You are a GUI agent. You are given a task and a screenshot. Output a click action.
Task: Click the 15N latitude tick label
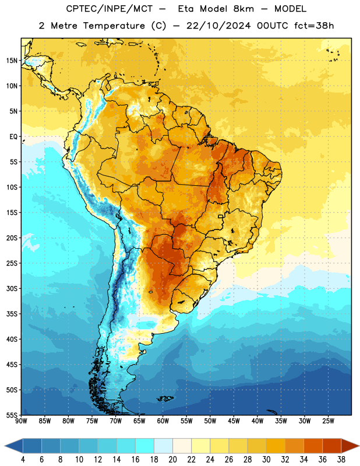tap(12, 61)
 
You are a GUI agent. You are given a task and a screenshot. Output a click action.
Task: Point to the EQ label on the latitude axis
tap(13, 137)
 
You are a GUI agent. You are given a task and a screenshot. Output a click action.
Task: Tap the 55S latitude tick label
tap(12, 415)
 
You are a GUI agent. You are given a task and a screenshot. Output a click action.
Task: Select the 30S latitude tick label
tap(12, 288)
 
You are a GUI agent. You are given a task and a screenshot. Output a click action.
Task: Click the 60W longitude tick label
tap(163, 421)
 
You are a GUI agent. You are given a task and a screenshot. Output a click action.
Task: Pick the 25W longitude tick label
tap(328, 421)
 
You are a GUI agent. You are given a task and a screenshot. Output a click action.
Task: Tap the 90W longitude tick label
tap(21, 421)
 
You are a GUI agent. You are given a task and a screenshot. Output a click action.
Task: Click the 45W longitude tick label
tap(234, 421)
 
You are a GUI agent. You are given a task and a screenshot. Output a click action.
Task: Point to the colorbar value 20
tap(172, 460)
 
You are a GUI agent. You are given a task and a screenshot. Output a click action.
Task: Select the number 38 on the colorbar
tap(341, 460)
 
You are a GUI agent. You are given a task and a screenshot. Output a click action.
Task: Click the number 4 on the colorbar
tap(23, 460)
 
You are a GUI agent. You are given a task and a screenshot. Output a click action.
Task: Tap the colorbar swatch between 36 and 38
tap(332, 446)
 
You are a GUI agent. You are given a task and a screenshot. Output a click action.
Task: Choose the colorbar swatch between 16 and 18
tap(144, 446)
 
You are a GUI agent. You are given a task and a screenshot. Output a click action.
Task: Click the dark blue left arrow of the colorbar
tap(13, 446)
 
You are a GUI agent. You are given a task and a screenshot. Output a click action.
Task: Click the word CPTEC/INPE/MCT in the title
tap(109, 9)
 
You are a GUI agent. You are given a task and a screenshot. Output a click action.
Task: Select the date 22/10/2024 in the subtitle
tap(218, 26)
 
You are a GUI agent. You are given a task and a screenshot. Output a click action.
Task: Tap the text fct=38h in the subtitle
tap(314, 26)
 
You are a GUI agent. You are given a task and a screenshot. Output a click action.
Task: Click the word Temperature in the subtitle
tap(114, 26)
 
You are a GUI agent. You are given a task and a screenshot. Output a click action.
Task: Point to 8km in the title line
tap(243, 9)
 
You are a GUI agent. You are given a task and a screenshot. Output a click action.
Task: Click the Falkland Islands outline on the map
tap(165, 398)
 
